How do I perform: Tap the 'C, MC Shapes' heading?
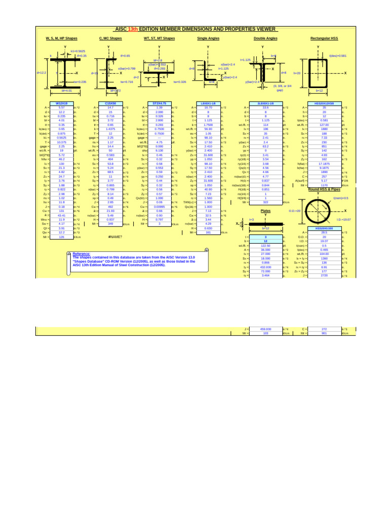pyautogui.click(x=110, y=38)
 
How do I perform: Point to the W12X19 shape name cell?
pyautogui.click(x=62, y=103)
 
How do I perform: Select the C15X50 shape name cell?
pyautogui.click(x=110, y=103)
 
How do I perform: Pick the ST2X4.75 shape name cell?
pyautogui.click(x=160, y=103)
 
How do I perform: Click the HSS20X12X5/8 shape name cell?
pyautogui.click(x=324, y=103)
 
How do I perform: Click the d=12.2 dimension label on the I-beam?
pyautogui.click(x=42, y=72)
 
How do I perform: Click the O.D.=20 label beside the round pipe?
pyautogui.click(x=295, y=210)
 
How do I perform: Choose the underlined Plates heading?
pyautogui.click(x=265, y=210)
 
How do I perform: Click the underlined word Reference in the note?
pyautogui.click(x=81, y=253)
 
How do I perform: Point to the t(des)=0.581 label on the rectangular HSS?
pyautogui.click(x=338, y=55)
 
